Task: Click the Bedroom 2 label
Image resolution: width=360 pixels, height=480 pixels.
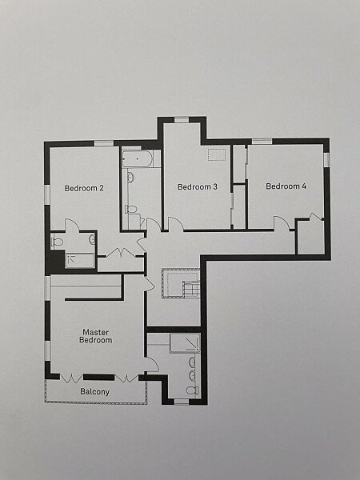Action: click(x=84, y=188)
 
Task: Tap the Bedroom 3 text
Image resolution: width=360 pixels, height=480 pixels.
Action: click(x=198, y=186)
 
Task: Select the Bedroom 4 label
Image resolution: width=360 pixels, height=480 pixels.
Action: click(x=286, y=186)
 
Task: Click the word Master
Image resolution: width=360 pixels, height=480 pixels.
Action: click(x=95, y=332)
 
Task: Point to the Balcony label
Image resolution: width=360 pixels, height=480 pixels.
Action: click(x=94, y=391)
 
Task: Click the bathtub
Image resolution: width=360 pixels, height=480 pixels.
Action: click(x=137, y=158)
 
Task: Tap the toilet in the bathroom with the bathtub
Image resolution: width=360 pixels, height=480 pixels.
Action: click(x=130, y=210)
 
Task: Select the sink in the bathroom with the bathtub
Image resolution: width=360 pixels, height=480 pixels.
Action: click(x=130, y=178)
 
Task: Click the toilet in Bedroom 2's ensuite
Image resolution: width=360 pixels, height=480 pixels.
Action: click(x=57, y=242)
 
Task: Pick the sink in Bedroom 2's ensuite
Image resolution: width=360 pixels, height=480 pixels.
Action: click(x=92, y=239)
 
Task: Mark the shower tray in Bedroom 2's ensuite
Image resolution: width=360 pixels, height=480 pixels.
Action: click(x=80, y=261)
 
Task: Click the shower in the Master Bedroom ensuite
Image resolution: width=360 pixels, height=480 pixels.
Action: click(x=186, y=343)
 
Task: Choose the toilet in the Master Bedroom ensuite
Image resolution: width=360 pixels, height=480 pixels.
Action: click(x=193, y=390)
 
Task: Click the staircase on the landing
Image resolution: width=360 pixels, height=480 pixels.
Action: click(x=181, y=283)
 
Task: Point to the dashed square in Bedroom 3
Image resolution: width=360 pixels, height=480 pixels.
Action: click(x=217, y=154)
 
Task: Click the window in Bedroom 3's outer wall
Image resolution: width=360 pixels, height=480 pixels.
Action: click(x=182, y=120)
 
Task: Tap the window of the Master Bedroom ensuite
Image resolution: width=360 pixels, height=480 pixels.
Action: click(x=182, y=402)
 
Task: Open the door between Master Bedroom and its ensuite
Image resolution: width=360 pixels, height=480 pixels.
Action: click(x=151, y=365)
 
